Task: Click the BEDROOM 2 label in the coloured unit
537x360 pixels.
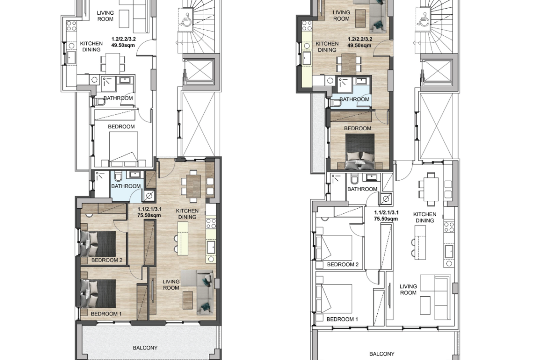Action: tap(106, 260)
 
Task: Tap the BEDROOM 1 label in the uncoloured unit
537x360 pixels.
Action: tap(342, 319)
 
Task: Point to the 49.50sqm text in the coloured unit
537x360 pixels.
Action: tap(359, 45)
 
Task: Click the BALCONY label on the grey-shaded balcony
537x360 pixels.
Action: tap(145, 348)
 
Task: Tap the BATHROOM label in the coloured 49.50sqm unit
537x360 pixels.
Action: tap(354, 99)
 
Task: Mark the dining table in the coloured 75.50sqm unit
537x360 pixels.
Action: tap(194, 186)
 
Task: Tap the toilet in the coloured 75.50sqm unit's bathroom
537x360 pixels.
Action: tap(118, 176)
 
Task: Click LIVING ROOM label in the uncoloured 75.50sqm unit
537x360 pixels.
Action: tap(408, 289)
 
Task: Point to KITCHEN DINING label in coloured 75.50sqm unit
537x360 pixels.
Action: tap(187, 214)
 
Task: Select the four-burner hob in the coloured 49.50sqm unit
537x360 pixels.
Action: tap(307, 26)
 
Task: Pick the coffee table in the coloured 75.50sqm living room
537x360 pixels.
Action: tap(188, 300)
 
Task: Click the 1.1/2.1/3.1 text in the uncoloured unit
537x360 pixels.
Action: tap(386, 212)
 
